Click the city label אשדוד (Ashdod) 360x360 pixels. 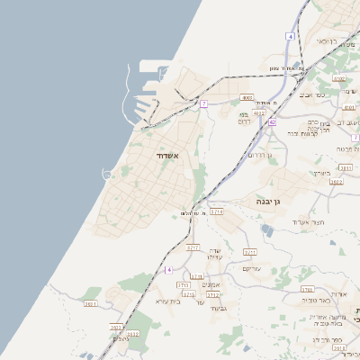[168, 156]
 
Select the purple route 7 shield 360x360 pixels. [204, 103]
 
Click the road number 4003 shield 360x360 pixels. [247, 97]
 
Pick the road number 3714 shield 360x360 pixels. [216, 212]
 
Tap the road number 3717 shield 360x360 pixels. [193, 247]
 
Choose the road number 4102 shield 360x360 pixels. [338, 79]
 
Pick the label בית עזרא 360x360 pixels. [168, 301]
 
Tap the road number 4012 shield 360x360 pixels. [259, 113]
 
